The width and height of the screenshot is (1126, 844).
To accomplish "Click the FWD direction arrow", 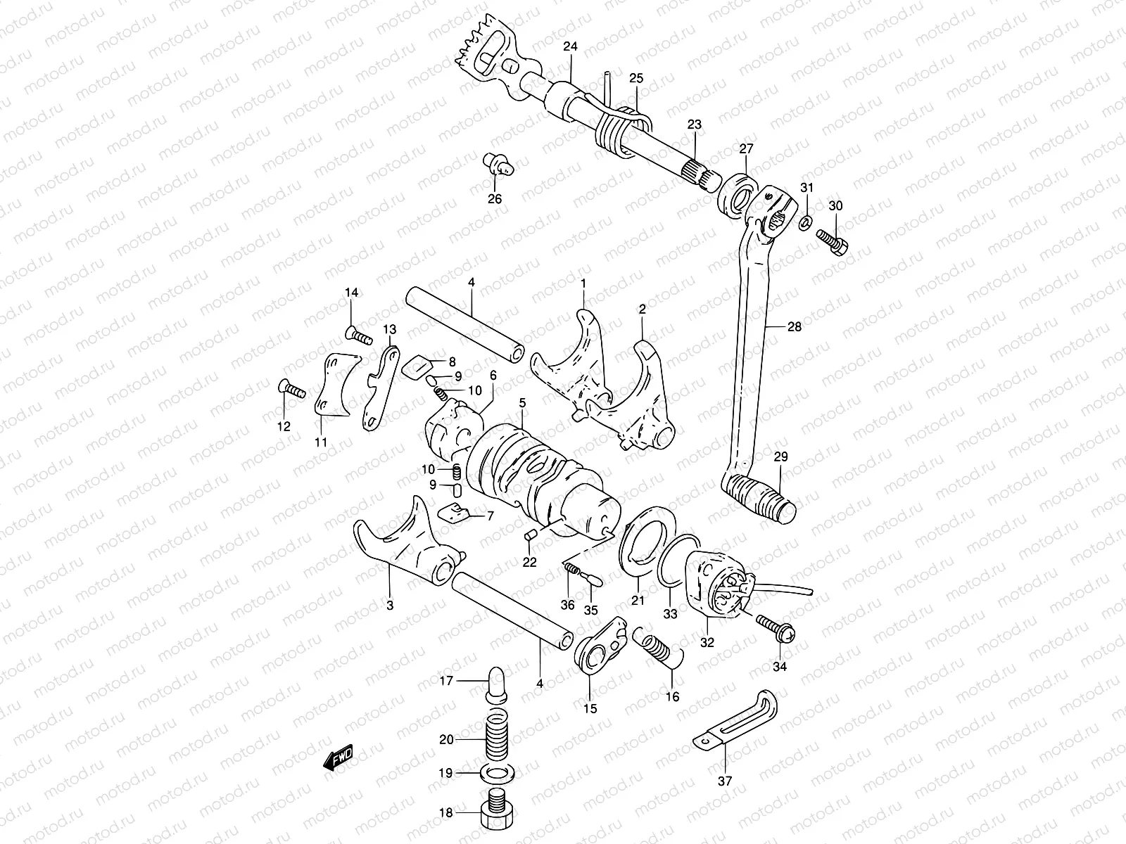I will [x=339, y=757].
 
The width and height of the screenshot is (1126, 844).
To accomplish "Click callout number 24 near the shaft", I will [x=570, y=47].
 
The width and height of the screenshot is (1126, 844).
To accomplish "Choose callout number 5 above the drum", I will [x=522, y=403].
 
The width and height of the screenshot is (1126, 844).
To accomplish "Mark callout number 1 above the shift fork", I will [x=583, y=283].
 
